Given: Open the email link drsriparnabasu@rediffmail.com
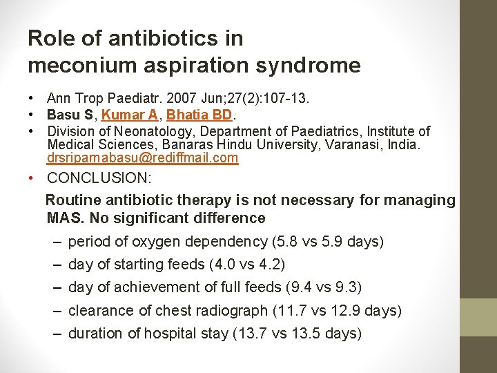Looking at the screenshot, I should pyautogui.click(x=142, y=157).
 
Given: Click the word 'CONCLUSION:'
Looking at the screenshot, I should pyautogui.click(x=99, y=178).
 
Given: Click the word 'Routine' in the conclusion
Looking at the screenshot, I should pyautogui.click(x=73, y=200).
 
